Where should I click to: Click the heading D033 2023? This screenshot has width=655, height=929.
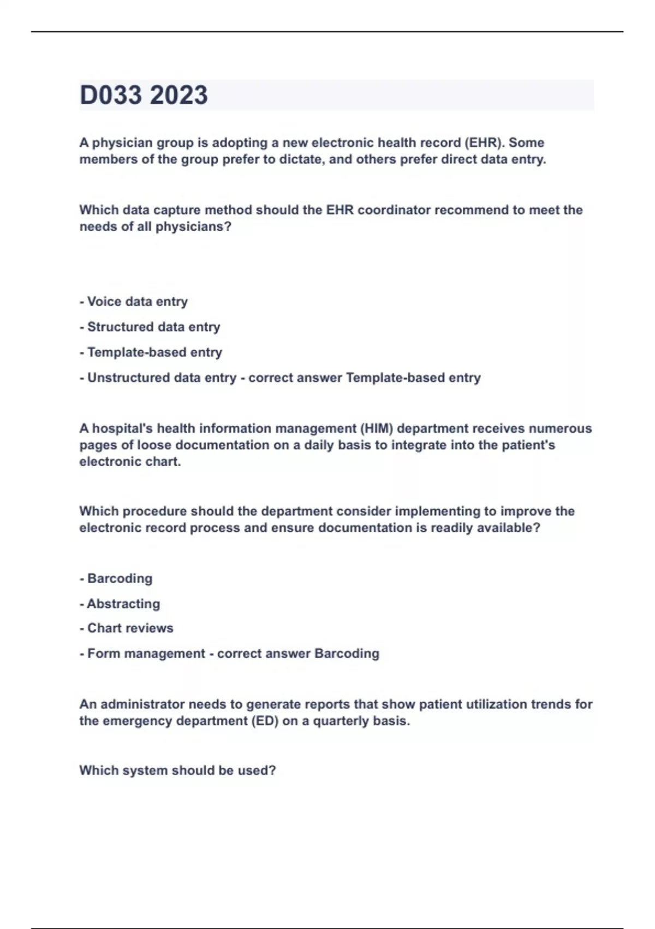tap(144, 95)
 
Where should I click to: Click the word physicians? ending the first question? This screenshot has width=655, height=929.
tap(193, 227)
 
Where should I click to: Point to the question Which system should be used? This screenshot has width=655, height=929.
tap(177, 771)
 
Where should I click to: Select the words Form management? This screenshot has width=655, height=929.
tap(146, 654)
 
